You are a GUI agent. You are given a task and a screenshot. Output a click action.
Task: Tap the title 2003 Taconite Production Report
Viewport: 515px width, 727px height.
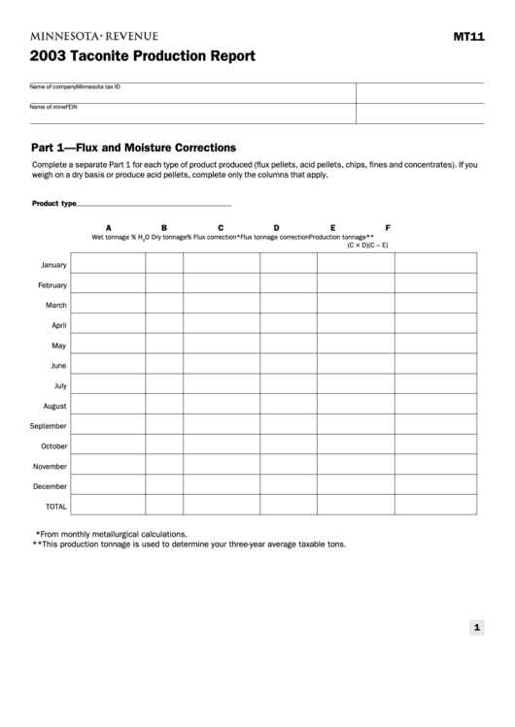tap(142, 56)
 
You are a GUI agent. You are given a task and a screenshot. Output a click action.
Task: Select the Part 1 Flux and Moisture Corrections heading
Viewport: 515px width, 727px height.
tap(133, 148)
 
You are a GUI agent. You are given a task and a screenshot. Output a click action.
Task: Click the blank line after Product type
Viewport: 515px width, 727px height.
tap(154, 205)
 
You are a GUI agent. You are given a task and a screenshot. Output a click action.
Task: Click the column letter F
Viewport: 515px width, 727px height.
tap(388, 228)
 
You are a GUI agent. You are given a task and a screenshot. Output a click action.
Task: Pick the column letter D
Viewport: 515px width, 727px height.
tap(276, 228)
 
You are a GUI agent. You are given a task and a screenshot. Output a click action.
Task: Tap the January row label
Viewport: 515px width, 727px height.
tap(53, 265)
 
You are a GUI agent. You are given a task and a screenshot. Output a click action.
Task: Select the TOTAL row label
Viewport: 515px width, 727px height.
tap(56, 507)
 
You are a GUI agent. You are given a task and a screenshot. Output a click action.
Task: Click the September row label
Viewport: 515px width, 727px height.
tap(49, 426)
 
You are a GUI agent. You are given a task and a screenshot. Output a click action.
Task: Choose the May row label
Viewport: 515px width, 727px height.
tap(59, 346)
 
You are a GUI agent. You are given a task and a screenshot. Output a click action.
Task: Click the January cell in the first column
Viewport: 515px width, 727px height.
tap(108, 264)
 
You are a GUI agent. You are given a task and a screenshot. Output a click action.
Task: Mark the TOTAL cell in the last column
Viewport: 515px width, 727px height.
tap(435, 505)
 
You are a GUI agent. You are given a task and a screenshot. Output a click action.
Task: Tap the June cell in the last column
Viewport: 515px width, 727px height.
tap(435, 365)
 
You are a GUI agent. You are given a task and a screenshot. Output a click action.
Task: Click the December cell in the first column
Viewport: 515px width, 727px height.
tap(108, 485)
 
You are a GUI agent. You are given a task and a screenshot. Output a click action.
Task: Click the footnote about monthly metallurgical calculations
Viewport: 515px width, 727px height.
tap(112, 534)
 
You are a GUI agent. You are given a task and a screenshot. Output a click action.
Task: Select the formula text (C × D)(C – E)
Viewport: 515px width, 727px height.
tap(367, 245)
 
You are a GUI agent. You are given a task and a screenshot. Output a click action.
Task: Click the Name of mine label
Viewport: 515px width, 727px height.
tap(45, 106)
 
